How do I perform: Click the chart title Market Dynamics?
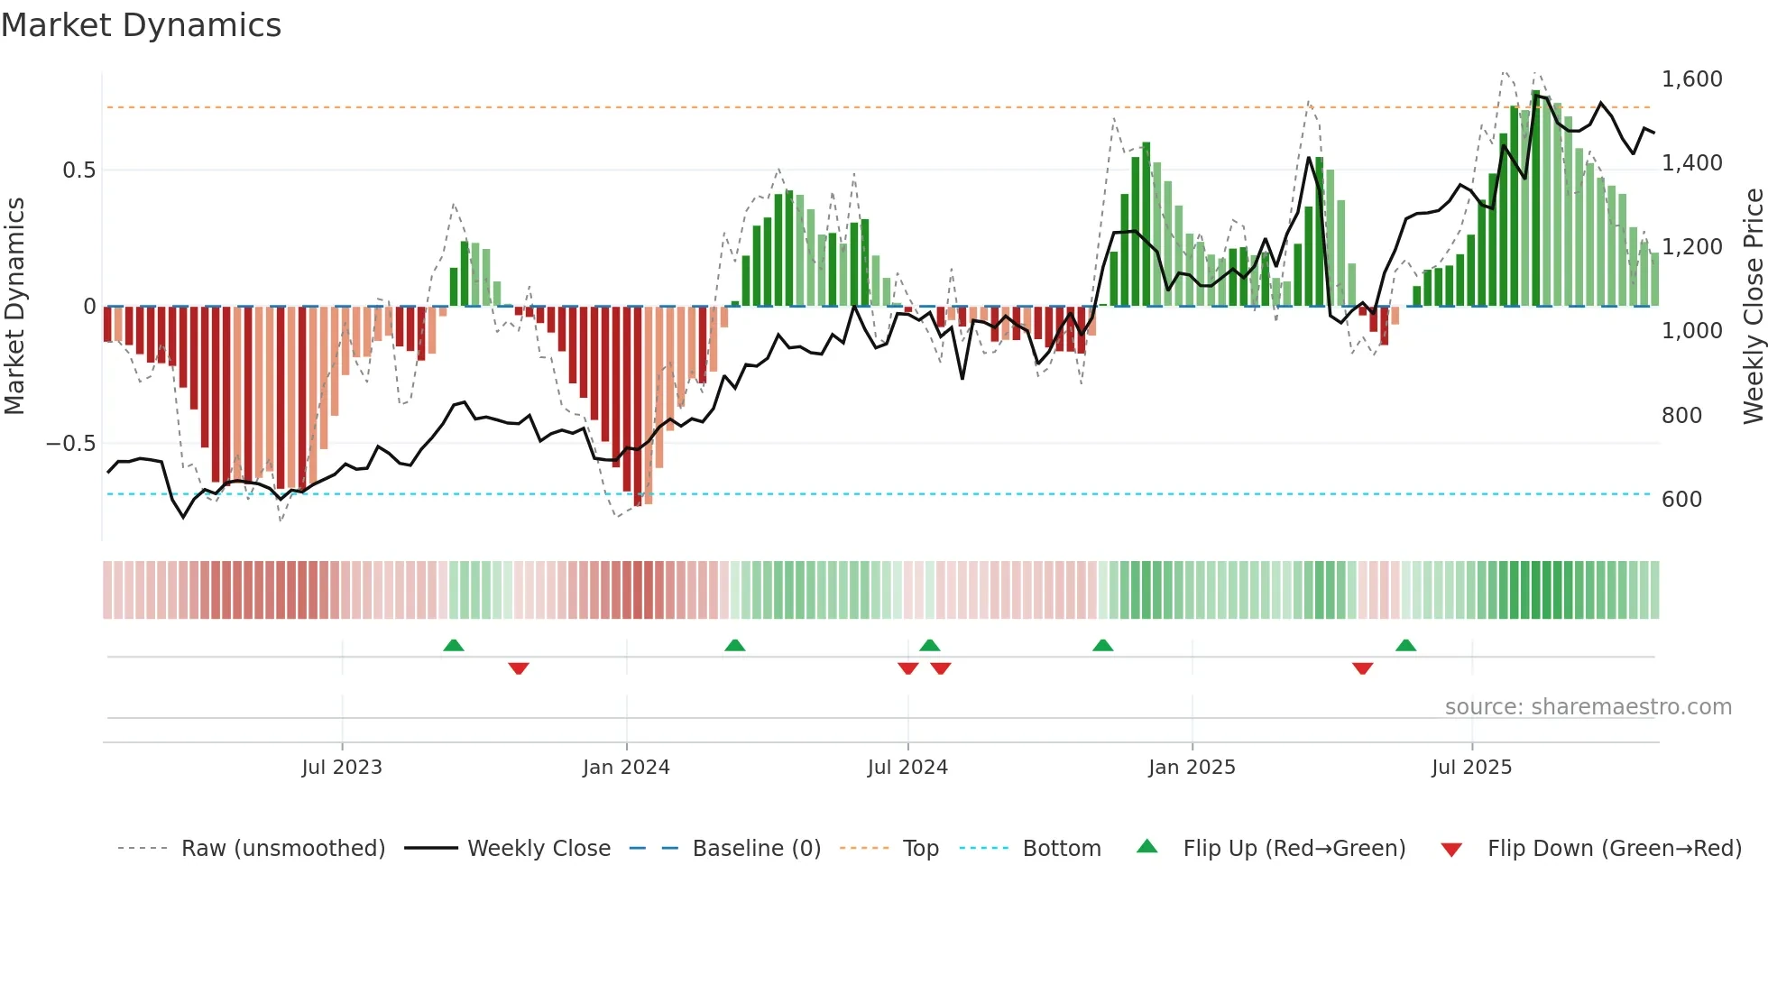tap(141, 25)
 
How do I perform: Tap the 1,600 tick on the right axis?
tap(1691, 79)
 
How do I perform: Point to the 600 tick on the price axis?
tap(1681, 500)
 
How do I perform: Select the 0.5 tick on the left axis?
tap(78, 170)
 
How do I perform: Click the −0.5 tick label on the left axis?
tap(70, 444)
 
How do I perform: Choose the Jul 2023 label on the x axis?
tap(342, 768)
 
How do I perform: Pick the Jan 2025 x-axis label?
tap(1192, 768)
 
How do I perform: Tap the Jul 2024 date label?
tap(907, 768)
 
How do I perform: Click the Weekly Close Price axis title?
tap(1753, 306)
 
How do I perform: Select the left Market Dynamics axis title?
tap(14, 306)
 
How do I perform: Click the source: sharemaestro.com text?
tap(1588, 707)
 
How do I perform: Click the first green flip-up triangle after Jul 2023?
tap(454, 646)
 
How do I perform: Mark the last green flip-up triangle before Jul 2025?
tap(1405, 646)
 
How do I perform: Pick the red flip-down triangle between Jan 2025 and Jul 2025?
tap(1362, 668)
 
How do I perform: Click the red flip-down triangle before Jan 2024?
tap(519, 668)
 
